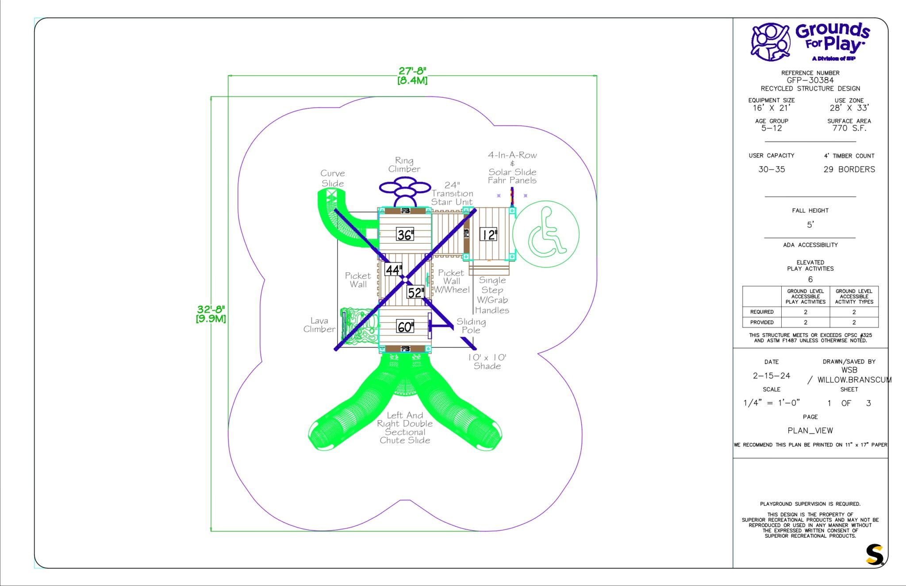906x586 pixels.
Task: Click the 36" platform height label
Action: click(x=405, y=234)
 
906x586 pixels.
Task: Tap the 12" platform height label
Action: click(x=488, y=234)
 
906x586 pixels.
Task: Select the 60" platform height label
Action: click(x=405, y=327)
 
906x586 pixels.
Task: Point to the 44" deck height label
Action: click(x=393, y=269)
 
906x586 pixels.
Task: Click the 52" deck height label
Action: click(x=415, y=292)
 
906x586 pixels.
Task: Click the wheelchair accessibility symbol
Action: click(x=546, y=234)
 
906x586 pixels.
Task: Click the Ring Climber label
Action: click(x=404, y=165)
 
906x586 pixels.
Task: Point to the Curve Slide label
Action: click(x=333, y=178)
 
